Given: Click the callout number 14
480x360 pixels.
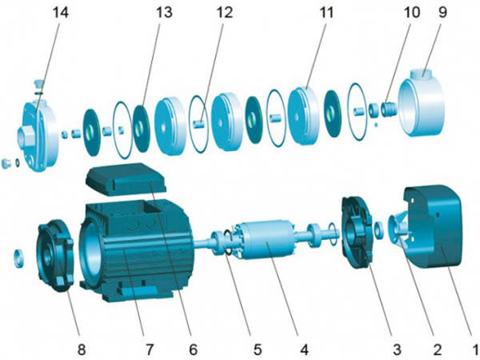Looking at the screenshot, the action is (x=61, y=13).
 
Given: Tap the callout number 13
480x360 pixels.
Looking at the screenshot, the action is (x=164, y=13).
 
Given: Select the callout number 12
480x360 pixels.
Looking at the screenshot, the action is (x=224, y=13).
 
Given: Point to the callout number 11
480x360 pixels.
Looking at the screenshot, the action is (x=326, y=13).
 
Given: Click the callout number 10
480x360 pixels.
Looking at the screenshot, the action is (x=412, y=13).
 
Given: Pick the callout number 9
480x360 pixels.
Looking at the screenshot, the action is (x=443, y=13).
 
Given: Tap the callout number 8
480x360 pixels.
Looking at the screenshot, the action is (x=82, y=350).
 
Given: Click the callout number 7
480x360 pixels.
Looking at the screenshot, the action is (x=149, y=350).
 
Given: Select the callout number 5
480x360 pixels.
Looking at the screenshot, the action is (x=257, y=350).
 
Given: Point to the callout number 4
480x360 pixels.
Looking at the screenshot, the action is (x=304, y=350).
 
